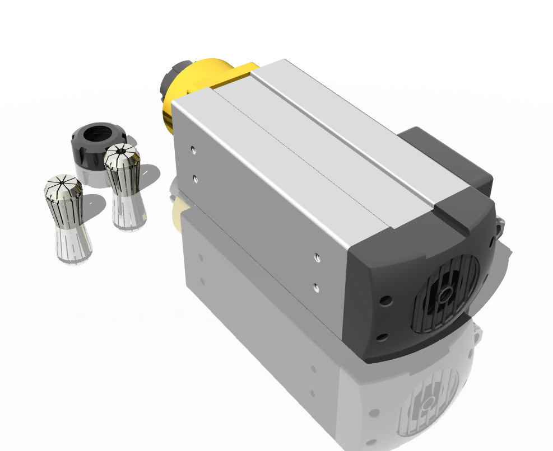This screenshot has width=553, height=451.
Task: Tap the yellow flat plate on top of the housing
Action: (235, 75)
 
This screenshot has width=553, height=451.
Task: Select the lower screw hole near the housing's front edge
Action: (194, 178)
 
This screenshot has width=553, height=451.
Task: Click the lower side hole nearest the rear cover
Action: (317, 288)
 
